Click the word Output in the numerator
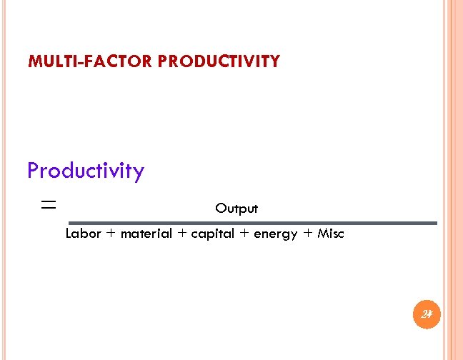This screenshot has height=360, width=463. pyautogui.click(x=237, y=209)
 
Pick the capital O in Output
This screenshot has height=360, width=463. pyautogui.click(x=220, y=209)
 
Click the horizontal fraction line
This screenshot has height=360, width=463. pyautogui.click(x=254, y=224)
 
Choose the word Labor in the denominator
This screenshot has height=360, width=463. pyautogui.click(x=84, y=234)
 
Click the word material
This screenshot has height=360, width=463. pyautogui.click(x=146, y=234)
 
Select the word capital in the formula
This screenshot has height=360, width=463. pyautogui.click(x=212, y=234)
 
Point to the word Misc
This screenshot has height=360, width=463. pyautogui.click(x=331, y=234)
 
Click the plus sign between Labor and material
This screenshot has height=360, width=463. pyautogui.click(x=111, y=234)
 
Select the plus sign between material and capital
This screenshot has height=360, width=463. pyautogui.click(x=181, y=234)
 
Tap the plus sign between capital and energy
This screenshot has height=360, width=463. pyautogui.click(x=244, y=234)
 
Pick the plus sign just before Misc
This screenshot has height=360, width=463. pyautogui.click(x=308, y=234)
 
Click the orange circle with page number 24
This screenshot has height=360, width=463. pyautogui.click(x=427, y=314)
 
